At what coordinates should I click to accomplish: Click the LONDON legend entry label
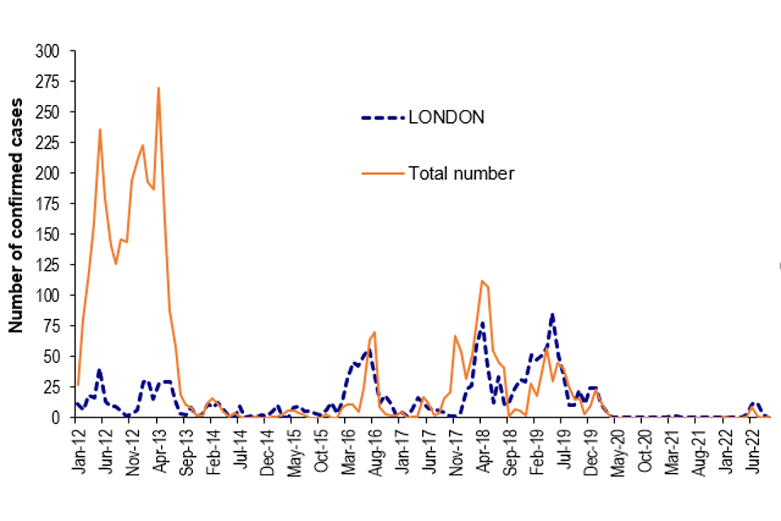click(447, 117)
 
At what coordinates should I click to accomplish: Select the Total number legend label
click(461, 173)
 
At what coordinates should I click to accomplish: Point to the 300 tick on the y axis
click(48, 51)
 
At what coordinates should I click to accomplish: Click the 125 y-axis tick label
click(48, 265)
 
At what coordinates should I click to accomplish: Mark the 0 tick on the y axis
click(56, 417)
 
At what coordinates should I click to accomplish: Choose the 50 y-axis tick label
click(52, 356)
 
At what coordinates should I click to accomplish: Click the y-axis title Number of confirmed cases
click(15, 216)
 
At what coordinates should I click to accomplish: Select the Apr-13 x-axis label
click(158, 448)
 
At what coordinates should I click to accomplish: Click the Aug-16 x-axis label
click(373, 448)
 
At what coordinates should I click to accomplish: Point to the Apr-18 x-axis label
click(481, 448)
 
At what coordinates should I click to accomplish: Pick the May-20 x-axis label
click(616, 448)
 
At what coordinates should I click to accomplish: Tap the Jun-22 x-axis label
click(751, 448)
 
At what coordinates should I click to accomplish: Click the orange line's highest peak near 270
click(158, 88)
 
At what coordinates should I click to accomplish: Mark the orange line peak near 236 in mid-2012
click(100, 129)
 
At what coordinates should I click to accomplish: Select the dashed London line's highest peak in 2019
click(552, 314)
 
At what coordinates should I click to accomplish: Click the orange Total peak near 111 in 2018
click(482, 281)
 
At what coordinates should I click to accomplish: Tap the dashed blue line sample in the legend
click(382, 118)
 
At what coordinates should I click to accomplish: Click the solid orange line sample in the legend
click(382, 173)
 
